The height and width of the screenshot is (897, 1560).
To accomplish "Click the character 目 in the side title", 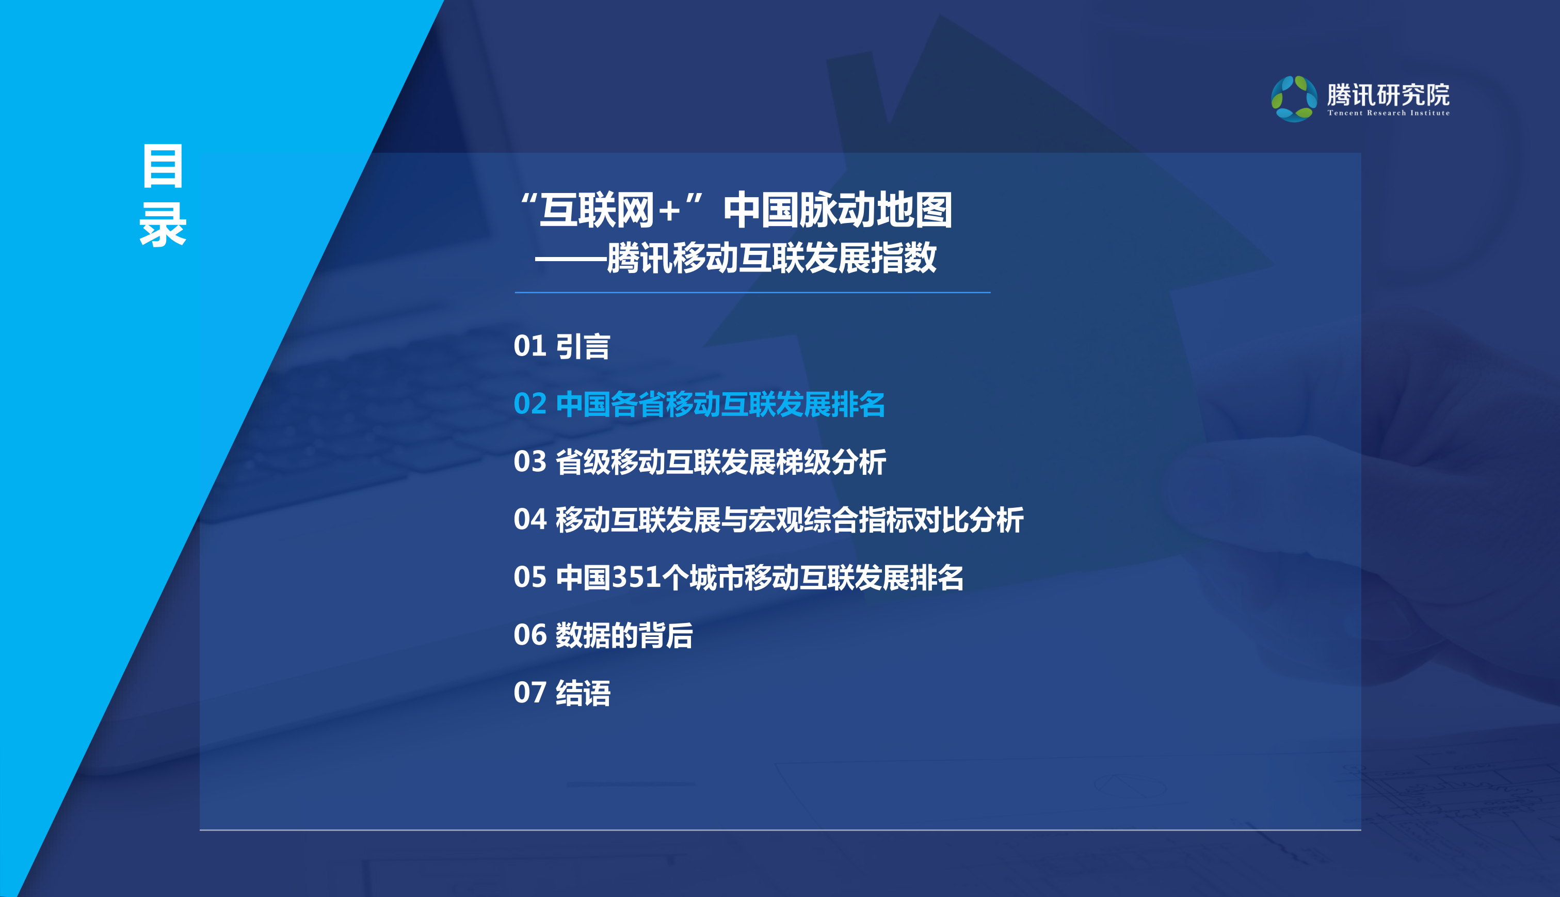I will click(x=163, y=166).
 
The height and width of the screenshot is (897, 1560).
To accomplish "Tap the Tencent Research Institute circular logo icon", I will click(x=1294, y=99).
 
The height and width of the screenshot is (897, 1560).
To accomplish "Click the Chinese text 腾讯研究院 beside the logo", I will click(x=1388, y=94).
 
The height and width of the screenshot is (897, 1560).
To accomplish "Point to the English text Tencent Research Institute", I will click(x=1388, y=114).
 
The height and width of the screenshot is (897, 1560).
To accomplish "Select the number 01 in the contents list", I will click(x=529, y=346).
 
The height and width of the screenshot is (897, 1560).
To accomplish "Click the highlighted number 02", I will click(x=529, y=404).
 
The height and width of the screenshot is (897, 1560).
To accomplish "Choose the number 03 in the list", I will click(x=529, y=462).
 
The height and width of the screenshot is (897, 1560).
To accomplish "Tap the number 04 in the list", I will click(x=529, y=519).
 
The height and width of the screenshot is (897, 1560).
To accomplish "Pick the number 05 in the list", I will click(x=529, y=577).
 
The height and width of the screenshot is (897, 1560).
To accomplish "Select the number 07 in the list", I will click(x=529, y=693).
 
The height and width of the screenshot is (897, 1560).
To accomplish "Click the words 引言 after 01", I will click(x=583, y=346).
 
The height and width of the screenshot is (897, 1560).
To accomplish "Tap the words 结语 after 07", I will click(x=583, y=693).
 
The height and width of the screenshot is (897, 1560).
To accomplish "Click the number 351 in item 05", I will click(x=636, y=577).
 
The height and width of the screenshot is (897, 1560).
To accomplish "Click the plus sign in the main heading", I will click(x=669, y=211).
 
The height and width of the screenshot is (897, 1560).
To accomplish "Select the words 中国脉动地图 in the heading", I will click(x=838, y=210).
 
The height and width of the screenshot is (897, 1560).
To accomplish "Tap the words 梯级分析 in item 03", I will click(x=831, y=462).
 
